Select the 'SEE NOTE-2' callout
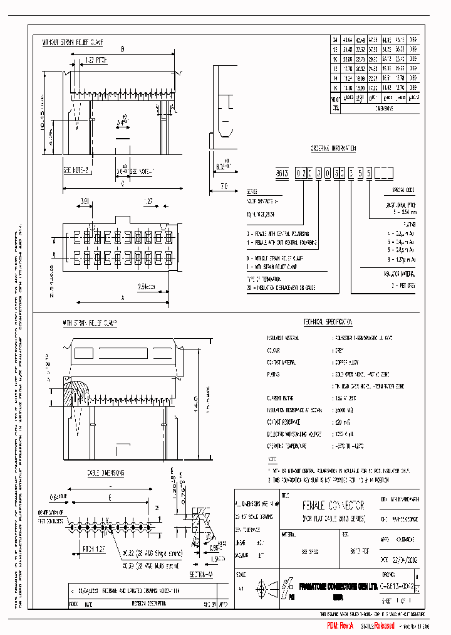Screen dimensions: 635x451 [x=76, y=170]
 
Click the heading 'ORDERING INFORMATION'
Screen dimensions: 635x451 [x=333, y=149]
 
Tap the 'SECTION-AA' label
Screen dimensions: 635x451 [x=203, y=574]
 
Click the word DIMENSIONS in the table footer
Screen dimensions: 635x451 [x=384, y=108]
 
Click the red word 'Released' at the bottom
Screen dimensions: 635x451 [x=383, y=626]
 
